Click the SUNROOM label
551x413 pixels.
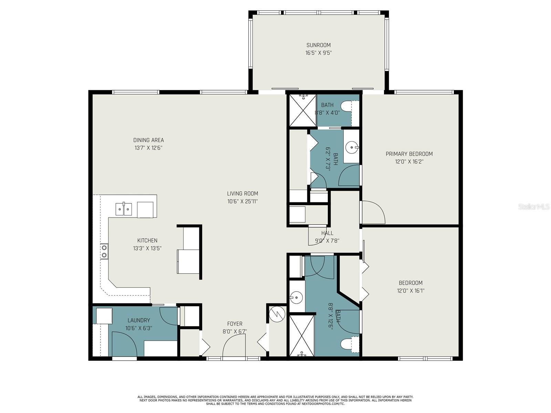coord(318,45)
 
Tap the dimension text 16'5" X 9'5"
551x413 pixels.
coord(318,53)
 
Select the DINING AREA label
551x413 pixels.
coord(148,140)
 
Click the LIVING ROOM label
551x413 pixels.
coord(242,193)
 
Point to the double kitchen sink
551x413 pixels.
coord(123,209)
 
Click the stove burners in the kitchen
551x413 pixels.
coord(104,251)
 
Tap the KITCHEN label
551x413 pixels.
coord(147,241)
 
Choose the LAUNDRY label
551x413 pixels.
coord(138,320)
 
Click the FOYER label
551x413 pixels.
coord(235,324)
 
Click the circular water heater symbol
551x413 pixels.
coord(277,314)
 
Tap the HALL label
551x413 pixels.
coord(327,233)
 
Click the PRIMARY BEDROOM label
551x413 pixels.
coord(409,154)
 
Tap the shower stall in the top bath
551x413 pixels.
coord(302,110)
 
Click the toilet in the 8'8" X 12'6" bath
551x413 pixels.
coord(348,343)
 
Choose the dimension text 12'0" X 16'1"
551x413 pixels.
coord(410,290)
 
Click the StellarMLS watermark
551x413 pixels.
coord(534,206)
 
